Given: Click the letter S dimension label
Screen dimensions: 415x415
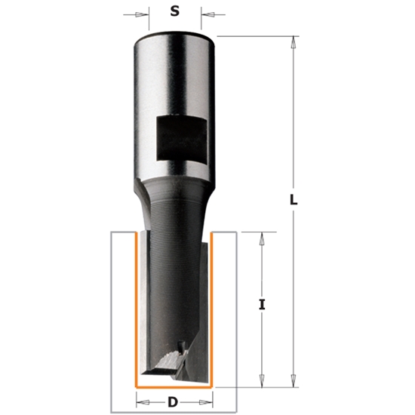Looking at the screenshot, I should pyautogui.click(x=174, y=11).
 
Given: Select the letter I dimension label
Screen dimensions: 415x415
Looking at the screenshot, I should pyautogui.click(x=263, y=306).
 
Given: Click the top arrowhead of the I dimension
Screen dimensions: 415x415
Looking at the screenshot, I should pyautogui.click(x=261, y=236).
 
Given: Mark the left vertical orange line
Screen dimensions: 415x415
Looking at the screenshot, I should pyautogui.click(x=135, y=309).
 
